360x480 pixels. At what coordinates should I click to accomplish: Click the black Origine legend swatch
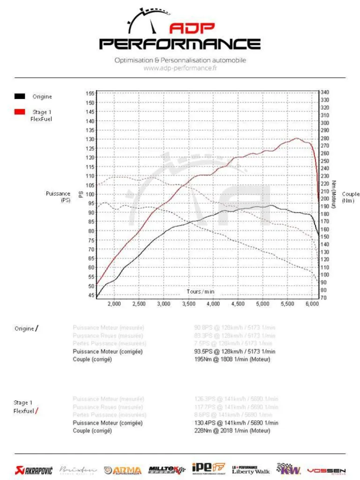tap(19, 97)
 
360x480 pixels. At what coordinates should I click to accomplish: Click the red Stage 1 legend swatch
tap(19, 112)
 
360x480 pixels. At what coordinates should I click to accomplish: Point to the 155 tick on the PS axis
tap(90, 93)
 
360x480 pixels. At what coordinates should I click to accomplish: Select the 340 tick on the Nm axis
tap(325, 92)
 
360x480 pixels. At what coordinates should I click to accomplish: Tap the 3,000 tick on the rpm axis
tap(164, 304)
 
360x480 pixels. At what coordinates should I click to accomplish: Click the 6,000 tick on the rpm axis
tap(311, 304)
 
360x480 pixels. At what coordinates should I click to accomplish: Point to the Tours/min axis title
tap(200, 292)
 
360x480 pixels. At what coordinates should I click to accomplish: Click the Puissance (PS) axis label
tap(58, 197)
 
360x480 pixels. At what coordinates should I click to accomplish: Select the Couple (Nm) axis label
tap(351, 197)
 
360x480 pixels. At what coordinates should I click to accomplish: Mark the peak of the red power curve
tap(296, 138)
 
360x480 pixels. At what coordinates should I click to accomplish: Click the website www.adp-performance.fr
tap(180, 68)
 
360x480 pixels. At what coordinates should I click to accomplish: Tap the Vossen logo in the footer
tap(326, 470)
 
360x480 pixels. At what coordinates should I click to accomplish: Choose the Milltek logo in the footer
tap(166, 470)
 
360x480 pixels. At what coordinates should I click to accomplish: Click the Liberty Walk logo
tap(251, 470)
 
